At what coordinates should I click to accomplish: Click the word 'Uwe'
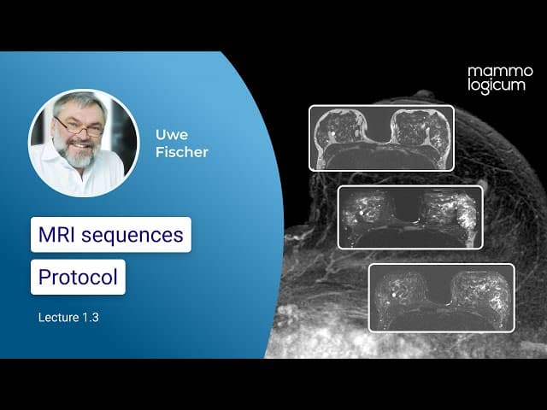coord(172,135)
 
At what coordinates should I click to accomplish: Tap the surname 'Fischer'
coord(182,152)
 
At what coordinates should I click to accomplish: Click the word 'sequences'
coord(132,236)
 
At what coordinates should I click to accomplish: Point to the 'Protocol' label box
coord(78,277)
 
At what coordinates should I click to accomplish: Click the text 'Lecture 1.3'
coord(68,317)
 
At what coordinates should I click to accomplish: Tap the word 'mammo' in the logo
coord(500,72)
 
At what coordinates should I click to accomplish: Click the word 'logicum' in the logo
coord(497,85)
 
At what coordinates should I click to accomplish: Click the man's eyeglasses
coord(79,127)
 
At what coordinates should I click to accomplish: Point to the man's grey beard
coord(77,155)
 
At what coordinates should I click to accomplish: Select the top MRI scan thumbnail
coord(382,138)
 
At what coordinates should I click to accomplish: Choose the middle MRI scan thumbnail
coord(410,217)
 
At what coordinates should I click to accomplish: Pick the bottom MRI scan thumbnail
coord(442,297)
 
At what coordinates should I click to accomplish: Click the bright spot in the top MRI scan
coord(333,133)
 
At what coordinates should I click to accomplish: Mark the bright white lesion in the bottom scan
coord(394,295)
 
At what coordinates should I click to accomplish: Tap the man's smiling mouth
coord(79,145)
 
